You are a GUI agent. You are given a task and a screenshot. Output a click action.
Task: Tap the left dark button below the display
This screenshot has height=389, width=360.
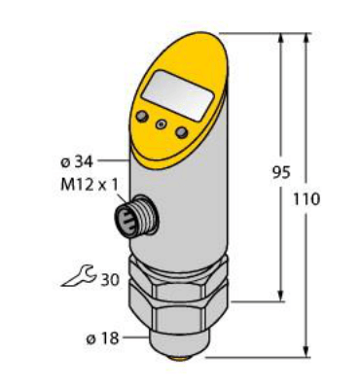point(143,118)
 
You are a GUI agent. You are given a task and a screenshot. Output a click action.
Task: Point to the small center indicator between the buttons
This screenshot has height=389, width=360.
point(161,125)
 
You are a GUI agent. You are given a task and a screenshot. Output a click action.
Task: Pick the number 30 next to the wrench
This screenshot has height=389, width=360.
point(112,280)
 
